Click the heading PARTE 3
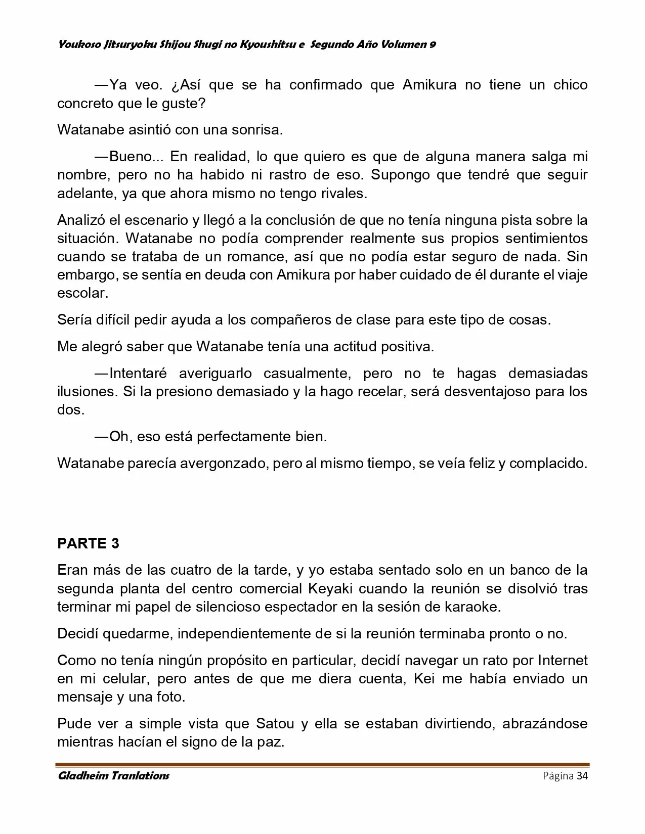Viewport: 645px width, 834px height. [x=88, y=543]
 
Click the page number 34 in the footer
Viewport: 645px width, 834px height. [x=582, y=776]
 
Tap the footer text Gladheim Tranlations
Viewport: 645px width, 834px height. [x=113, y=776]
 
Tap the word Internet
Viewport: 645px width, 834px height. [x=562, y=660]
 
